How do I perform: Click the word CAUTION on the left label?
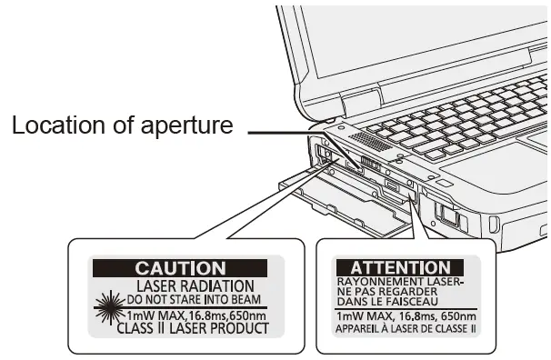pos(180,268)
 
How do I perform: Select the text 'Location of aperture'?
pos(122,126)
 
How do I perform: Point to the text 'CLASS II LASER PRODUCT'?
pos(193,327)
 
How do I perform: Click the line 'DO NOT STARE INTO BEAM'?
pos(193,297)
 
